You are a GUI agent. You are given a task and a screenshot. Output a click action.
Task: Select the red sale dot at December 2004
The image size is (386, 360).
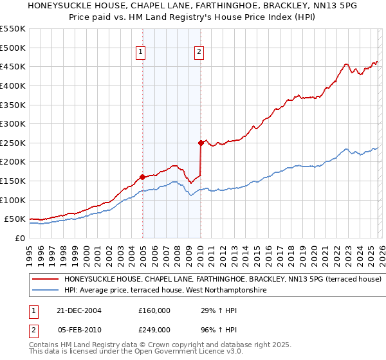click(142, 177)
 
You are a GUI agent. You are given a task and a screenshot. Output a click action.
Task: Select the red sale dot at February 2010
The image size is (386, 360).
click(201, 143)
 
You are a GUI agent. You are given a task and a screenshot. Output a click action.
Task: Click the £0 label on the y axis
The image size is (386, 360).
click(21, 238)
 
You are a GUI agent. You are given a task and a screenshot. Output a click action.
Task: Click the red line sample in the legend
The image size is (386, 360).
click(46, 280)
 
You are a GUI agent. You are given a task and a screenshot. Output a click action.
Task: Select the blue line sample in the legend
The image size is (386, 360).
click(46, 291)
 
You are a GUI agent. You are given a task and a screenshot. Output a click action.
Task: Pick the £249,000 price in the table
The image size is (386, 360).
click(154, 329)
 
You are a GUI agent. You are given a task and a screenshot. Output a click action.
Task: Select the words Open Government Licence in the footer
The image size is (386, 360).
click(181, 352)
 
